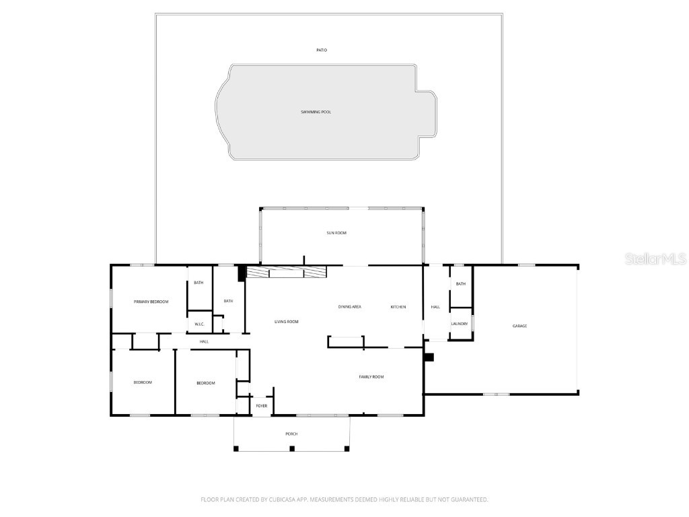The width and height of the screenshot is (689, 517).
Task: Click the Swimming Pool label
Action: [316, 112]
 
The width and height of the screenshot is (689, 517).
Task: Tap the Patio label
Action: [322, 50]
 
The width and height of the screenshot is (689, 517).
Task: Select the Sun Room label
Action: [336, 233]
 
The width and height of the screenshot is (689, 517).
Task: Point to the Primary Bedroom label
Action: [151, 302]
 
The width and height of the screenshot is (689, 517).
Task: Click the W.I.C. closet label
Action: [199, 324]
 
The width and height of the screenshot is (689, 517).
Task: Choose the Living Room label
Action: [286, 322]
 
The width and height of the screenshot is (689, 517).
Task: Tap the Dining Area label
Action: [349, 307]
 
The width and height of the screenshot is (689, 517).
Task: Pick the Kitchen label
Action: [398, 307]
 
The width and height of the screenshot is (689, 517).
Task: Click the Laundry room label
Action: [460, 324]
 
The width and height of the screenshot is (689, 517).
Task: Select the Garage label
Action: [519, 326]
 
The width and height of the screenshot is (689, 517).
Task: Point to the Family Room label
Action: [371, 377]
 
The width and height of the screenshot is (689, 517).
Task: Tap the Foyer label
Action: [262, 406]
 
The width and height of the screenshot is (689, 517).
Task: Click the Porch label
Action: [291, 434]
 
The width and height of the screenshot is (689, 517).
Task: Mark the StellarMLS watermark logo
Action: [655, 258]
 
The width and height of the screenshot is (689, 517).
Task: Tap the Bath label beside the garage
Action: [460, 284]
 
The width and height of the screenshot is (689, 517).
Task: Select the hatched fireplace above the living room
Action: [286, 272]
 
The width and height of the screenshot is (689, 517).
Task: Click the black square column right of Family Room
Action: [429, 357]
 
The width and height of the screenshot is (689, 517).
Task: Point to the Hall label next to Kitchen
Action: [435, 307]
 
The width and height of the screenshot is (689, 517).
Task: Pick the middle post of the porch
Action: [292, 448]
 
